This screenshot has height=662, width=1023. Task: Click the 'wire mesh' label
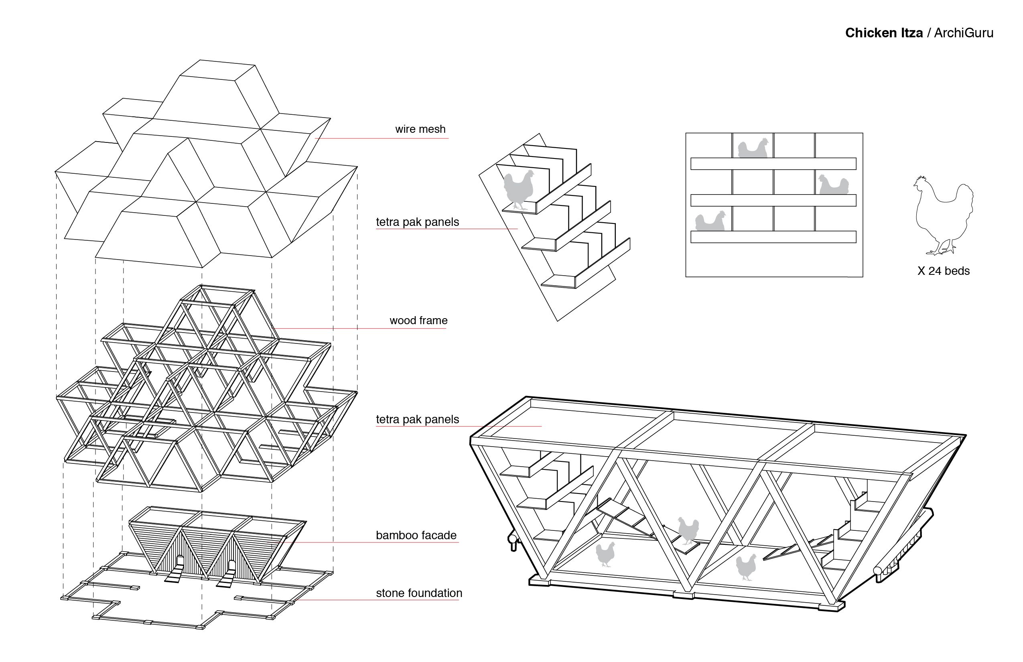[420, 129]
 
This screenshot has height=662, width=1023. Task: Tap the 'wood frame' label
[418, 320]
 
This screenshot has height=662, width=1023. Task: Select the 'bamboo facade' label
[416, 535]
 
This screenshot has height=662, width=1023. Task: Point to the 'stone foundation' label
[419, 593]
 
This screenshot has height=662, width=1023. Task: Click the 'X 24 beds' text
[944, 271]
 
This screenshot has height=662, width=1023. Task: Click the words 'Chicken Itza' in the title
[884, 33]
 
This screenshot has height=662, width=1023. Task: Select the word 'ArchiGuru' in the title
[964, 33]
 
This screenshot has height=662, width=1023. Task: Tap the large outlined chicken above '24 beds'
[943, 215]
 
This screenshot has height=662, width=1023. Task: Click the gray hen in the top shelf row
[753, 148]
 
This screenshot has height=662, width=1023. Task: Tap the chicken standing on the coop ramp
[688, 531]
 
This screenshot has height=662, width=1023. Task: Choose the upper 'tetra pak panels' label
[417, 222]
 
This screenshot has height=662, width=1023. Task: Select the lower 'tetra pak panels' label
[417, 419]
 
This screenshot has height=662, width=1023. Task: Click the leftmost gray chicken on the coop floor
[605, 554]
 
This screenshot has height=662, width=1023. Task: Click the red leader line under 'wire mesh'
[382, 138]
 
